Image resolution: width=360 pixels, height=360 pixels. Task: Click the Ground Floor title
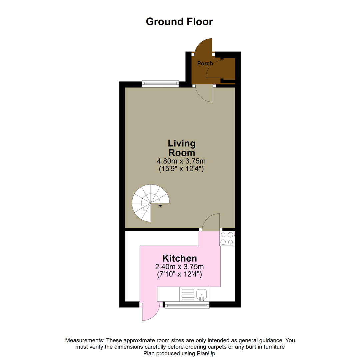point(179,22)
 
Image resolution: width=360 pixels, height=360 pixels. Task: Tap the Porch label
point(205,63)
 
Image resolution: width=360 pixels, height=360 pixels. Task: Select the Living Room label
point(181,148)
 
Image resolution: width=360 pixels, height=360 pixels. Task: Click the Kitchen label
point(179,258)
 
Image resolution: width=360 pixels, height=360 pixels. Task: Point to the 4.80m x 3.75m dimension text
point(181,161)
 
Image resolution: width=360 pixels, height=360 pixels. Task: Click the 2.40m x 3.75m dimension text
point(179,267)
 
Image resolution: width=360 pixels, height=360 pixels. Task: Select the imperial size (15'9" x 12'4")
point(181,169)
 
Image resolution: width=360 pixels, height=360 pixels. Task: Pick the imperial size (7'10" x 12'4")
point(179,275)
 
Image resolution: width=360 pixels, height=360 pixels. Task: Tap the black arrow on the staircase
point(160,206)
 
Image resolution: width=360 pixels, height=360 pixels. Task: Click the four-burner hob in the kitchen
point(227,238)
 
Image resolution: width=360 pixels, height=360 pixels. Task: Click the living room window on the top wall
point(160,84)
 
